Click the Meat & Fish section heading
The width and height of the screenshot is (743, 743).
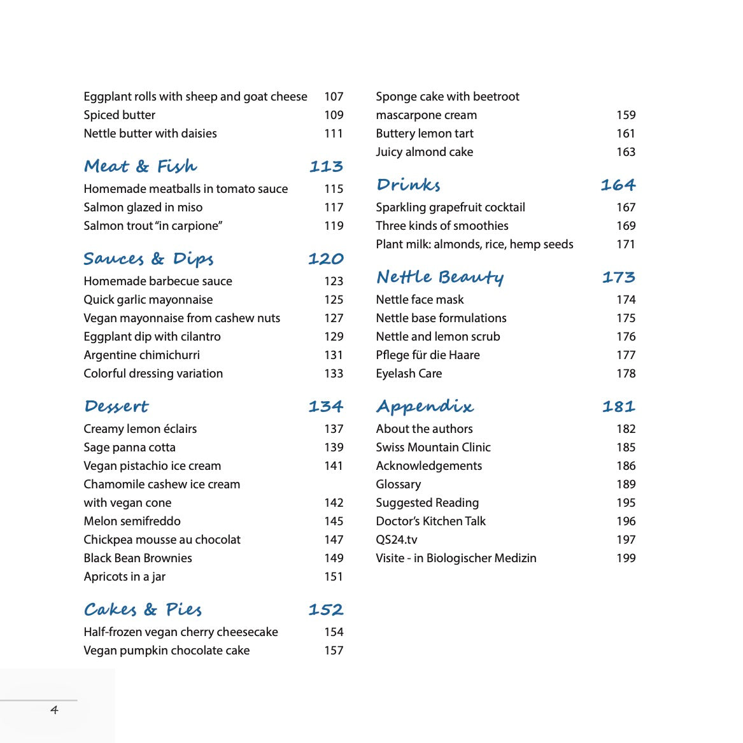click(x=140, y=166)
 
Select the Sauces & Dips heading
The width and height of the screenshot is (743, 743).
click(x=148, y=258)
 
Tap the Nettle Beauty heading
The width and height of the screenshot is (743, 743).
click(x=440, y=277)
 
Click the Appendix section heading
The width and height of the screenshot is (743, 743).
click(x=425, y=406)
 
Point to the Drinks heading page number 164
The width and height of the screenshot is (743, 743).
click(x=618, y=185)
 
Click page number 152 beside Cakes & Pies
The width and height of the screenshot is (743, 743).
click(x=325, y=609)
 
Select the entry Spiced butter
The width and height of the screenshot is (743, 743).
click(x=120, y=115)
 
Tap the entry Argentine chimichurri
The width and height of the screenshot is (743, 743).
click(x=141, y=355)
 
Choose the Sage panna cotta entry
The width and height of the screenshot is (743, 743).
click(x=129, y=447)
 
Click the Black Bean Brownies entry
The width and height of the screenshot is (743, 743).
click(x=138, y=558)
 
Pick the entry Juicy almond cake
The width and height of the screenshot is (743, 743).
click(x=424, y=152)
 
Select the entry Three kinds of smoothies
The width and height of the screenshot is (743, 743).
click(x=442, y=225)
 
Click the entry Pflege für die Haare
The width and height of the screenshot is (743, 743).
click(x=427, y=355)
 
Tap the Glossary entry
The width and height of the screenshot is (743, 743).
click(x=398, y=484)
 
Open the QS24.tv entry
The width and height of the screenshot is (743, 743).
click(x=396, y=539)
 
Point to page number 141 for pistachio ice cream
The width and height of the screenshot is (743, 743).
click(x=334, y=465)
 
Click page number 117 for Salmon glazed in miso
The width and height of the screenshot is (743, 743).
click(x=334, y=207)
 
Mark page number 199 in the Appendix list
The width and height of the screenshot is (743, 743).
click(x=626, y=558)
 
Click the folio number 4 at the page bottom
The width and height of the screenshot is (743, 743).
click(x=54, y=710)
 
